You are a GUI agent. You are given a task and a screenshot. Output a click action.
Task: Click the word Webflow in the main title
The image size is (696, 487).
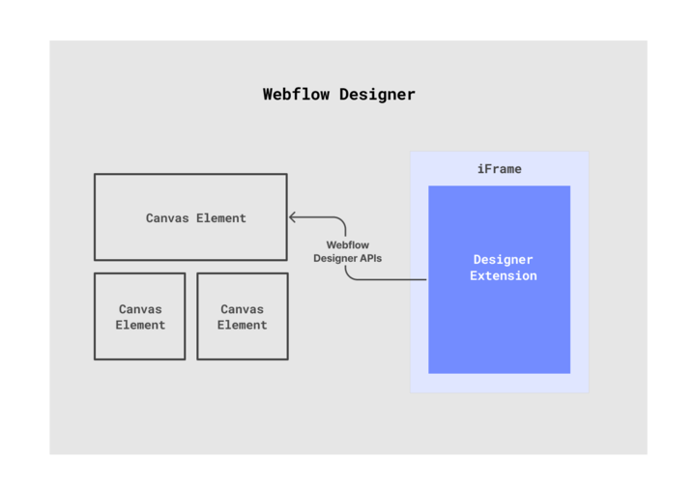coord(297,95)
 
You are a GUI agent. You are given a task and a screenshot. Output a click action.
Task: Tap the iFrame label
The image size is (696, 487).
coord(499,169)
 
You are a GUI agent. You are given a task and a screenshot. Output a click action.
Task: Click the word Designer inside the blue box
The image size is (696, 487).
coord(503,260)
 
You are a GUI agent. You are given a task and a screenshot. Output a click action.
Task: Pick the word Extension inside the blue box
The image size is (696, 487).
coord(503,276)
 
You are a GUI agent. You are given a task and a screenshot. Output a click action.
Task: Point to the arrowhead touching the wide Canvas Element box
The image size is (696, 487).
coord(292,217)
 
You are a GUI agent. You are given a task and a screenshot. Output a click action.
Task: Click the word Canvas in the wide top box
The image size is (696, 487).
coord(167,218)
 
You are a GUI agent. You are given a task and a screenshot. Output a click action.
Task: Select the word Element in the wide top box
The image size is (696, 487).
coord(221,218)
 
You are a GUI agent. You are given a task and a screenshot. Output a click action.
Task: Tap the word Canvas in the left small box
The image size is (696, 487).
coord(140,309)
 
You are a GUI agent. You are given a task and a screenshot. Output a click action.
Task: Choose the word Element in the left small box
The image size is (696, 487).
coord(140,326)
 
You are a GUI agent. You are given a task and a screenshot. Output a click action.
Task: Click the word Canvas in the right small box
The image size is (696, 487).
coord(242,309)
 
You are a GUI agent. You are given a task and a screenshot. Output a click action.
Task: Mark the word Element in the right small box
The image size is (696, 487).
coord(242,326)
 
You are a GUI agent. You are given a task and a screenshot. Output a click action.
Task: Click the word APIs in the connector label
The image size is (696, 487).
coord(368,259)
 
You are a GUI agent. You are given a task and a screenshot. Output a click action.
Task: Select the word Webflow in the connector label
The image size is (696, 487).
coord(347,245)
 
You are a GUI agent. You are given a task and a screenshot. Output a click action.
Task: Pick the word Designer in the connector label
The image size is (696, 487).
coord(333,259)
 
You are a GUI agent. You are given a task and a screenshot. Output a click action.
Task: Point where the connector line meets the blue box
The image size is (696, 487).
coord(428,280)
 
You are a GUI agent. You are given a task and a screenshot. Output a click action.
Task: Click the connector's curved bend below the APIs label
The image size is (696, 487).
coord(349,276)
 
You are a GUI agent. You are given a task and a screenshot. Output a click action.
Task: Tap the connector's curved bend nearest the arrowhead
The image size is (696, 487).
coord(341,221)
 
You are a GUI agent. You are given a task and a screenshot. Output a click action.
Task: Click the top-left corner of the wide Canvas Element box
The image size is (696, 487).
coord(95,175)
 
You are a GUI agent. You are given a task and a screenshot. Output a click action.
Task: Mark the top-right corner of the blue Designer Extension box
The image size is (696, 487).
coord(569,186)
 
